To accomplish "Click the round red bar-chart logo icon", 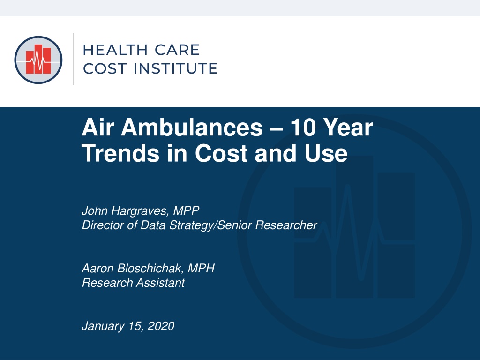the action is (38, 60).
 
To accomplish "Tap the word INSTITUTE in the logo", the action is (175, 68).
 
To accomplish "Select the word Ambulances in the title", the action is (192, 127).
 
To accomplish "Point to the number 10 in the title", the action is (303, 127).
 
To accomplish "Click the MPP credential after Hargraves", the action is (186, 210).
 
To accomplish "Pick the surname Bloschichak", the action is (150, 268).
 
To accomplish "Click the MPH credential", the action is (201, 268).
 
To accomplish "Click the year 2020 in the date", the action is (161, 326).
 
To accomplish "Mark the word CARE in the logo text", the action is (177, 50).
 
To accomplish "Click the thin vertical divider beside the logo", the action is (73, 59).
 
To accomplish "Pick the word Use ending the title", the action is (326, 153).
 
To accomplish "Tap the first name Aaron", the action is (98, 268).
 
